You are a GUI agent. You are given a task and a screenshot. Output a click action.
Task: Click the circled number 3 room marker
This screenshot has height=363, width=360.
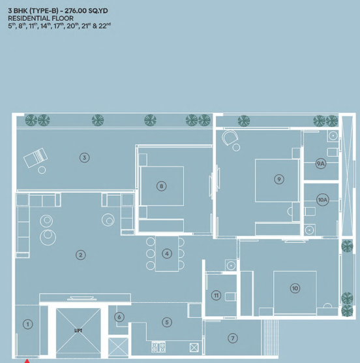tap(84, 157)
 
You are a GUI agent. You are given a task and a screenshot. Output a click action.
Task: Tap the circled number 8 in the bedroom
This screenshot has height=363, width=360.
tap(161, 186)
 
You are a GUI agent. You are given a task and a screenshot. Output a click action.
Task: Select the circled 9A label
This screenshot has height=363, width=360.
tap(321, 164)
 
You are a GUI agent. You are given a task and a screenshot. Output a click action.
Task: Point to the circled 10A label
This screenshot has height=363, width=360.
tap(323, 200)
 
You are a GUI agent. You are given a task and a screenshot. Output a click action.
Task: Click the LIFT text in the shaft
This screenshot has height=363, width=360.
tap(78, 330)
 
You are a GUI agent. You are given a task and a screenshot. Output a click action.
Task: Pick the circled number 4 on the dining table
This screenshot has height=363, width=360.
tap(167, 254)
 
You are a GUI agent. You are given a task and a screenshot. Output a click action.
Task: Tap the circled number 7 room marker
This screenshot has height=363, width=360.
tap(233, 338)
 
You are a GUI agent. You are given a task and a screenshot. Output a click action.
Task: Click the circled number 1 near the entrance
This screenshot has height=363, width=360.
tap(28, 324)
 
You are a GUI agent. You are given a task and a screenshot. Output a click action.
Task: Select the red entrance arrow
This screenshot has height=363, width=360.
tap(27, 361)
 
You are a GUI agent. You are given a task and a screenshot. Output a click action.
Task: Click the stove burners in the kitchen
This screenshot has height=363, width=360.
tap(158, 347)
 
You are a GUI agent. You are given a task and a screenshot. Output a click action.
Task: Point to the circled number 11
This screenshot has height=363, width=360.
tap(216, 295)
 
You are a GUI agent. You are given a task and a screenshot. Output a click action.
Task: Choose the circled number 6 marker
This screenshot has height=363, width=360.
tap(119, 317)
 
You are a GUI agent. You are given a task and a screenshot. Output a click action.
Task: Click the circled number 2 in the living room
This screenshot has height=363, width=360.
tap(81, 255)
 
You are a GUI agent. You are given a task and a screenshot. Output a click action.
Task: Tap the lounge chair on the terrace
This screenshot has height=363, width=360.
tap(36, 157)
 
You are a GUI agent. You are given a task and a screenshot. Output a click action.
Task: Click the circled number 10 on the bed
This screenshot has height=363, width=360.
tap(295, 288)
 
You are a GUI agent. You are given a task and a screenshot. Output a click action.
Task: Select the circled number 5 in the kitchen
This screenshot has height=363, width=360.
tap(167, 323)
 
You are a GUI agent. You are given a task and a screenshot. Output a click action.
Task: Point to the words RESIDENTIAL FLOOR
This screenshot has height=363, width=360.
tap(40, 18)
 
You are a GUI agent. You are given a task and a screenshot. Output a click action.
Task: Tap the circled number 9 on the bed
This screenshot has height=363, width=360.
tap(279, 179)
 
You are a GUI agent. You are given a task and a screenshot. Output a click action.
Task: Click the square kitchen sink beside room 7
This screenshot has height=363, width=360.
tap(194, 347)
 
